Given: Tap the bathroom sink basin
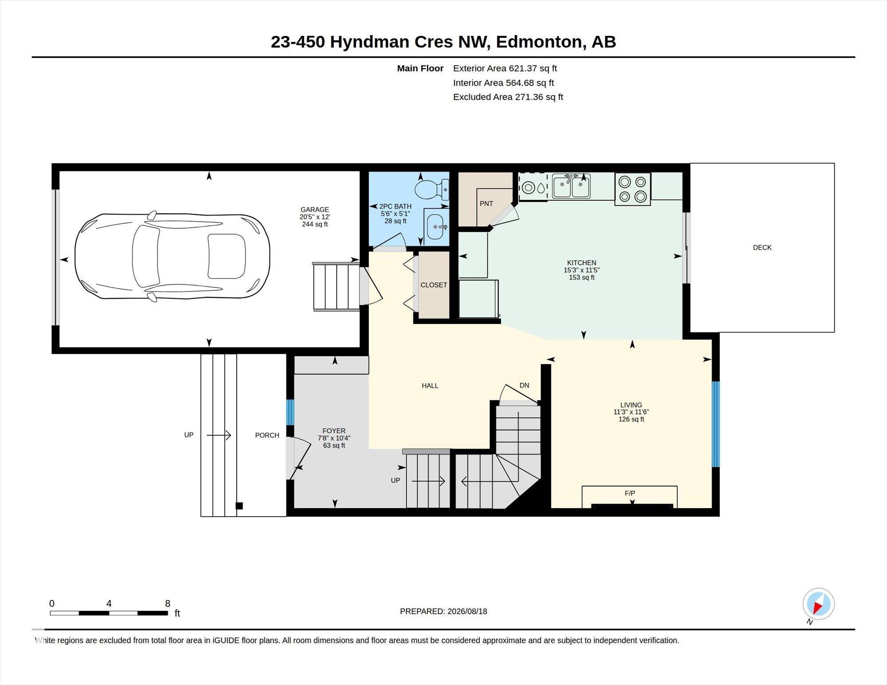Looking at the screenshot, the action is tap(436, 227).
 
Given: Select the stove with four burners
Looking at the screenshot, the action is tap(632, 189).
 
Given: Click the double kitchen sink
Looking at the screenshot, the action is tap(571, 186).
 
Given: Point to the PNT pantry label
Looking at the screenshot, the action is tap(486, 204).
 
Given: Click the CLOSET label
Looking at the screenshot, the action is tap(434, 285).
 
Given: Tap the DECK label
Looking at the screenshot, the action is tap(762, 247).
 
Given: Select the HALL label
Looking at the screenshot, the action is tap(430, 386).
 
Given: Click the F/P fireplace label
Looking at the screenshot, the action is tap(630, 493).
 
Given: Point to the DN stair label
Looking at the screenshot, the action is tap(524, 385).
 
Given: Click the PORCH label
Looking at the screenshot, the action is tap(267, 435).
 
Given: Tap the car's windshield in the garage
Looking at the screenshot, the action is tap(147, 256).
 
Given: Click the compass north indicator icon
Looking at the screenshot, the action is tap(818, 604).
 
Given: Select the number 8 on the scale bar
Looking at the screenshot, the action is tap(168, 603).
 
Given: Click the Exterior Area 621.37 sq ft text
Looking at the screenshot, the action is tap(505, 68).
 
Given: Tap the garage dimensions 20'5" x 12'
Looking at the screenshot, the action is tap(315, 217).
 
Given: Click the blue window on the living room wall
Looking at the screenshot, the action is tap(715, 424).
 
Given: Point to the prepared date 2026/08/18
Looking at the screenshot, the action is tap(467, 611).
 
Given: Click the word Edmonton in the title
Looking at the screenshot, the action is tap(539, 42).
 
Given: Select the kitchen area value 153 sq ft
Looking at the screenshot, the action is tap(581, 278).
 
